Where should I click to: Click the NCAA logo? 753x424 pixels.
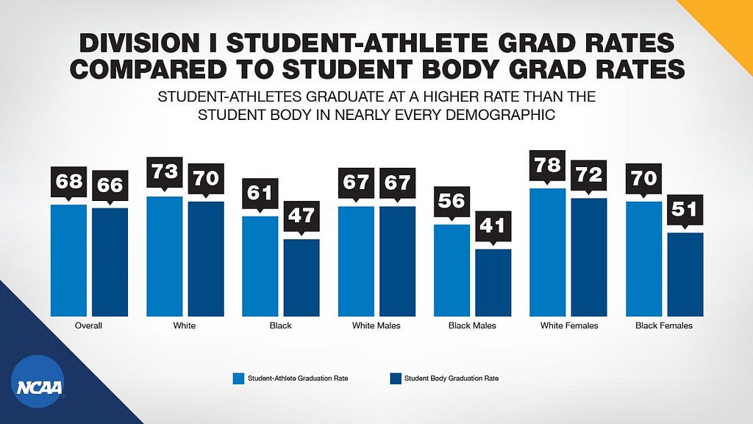38,381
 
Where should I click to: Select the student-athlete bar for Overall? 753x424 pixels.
68,261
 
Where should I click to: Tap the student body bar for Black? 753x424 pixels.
301,278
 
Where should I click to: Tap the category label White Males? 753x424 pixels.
376,325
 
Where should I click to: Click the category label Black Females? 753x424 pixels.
664,325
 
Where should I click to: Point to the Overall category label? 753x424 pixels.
88,325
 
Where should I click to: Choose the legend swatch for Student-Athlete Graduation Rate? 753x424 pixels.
239,378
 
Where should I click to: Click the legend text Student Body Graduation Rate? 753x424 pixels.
452,378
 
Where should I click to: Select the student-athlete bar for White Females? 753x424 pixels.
547,252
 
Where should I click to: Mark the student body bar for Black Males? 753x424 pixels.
493,283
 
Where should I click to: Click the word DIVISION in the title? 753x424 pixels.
139,43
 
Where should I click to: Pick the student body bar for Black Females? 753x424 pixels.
685,275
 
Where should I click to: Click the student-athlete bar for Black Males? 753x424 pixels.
452,270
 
